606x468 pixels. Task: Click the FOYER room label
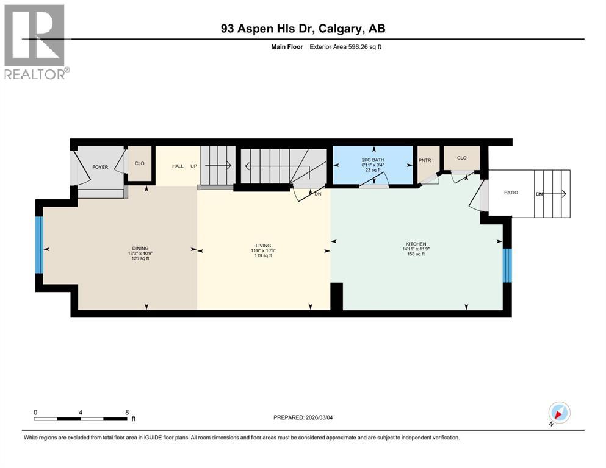click(100, 167)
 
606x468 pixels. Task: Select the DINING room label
click(140, 248)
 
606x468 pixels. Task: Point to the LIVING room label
click(263, 246)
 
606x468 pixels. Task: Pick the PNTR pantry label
click(425, 161)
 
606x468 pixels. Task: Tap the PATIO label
click(511, 193)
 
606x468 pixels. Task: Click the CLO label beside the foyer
click(139, 163)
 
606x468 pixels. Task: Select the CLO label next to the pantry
click(461, 158)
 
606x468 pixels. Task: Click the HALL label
click(178, 166)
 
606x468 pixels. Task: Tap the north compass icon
click(559, 413)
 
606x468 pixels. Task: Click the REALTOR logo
click(35, 42)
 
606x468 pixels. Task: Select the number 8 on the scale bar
click(126, 411)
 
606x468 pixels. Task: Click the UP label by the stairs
click(193, 166)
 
